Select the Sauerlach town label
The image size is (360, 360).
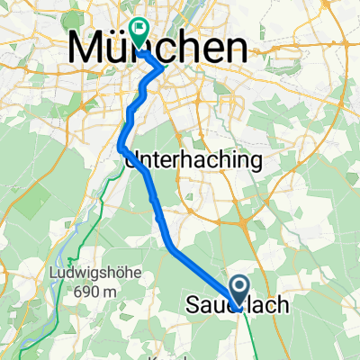238,306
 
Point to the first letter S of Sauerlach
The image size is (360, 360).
191,306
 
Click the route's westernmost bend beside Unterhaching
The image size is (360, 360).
120,139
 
